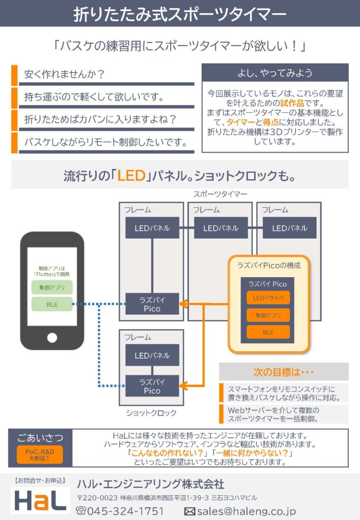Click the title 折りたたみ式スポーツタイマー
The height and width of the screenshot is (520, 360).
coord(180,14)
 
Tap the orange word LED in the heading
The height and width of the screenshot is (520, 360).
coord(132,176)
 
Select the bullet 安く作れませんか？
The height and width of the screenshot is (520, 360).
coord(64,75)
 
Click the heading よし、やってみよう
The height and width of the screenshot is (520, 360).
coord(275,73)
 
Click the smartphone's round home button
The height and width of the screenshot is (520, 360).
coord(52,337)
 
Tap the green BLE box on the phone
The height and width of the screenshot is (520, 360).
coord(52,304)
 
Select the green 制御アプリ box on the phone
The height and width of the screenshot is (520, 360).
coord(52,287)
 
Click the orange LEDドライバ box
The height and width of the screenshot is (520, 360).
coord(268,298)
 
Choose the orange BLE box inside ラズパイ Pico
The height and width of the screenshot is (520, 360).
coord(268,332)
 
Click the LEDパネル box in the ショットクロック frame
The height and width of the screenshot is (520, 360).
coord(152,356)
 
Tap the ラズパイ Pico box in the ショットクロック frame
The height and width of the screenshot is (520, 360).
coord(152,386)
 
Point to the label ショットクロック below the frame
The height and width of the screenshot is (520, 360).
coord(151,413)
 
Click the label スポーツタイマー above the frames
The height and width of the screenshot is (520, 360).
coord(220,194)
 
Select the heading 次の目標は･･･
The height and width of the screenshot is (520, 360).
coord(283,372)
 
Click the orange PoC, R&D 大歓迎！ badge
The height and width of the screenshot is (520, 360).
coord(40,454)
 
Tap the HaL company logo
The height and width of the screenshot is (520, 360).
coord(41,500)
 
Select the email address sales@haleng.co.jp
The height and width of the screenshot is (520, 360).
coord(246,511)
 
